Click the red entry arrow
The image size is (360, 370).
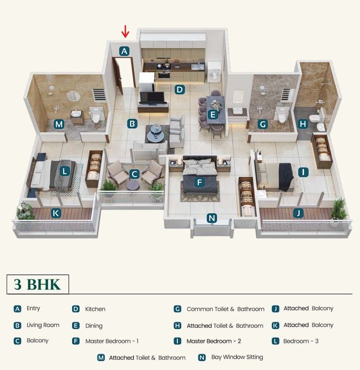(x=125, y=32)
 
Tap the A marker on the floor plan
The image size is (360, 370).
(x=124, y=51)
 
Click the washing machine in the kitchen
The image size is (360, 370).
(x=214, y=72)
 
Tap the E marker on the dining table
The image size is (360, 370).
(x=212, y=115)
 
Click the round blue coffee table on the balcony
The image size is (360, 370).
(x=133, y=185)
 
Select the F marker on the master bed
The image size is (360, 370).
(x=200, y=182)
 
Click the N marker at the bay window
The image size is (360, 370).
(x=212, y=218)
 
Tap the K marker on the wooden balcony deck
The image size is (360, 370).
(x=56, y=213)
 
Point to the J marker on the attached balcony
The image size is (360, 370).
(x=298, y=213)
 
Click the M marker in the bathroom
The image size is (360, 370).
(x=59, y=124)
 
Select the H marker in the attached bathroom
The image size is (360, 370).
(x=303, y=124)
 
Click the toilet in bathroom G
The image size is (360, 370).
(x=281, y=115)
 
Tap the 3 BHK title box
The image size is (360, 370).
(x=38, y=284)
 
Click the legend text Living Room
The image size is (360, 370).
(x=43, y=325)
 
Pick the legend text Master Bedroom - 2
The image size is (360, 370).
(x=214, y=341)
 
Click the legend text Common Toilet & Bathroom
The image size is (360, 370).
(x=225, y=309)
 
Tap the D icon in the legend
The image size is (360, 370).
(x=75, y=309)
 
